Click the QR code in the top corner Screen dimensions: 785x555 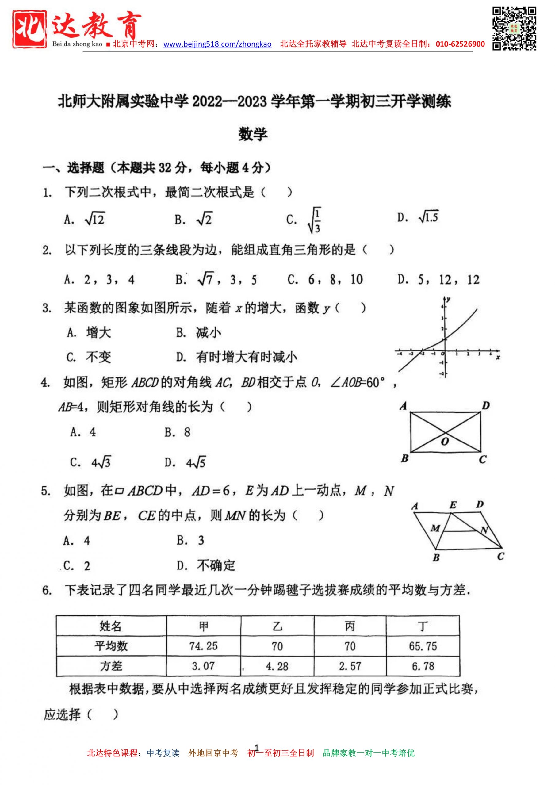point(514,29)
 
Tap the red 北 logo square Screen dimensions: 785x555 point(30,29)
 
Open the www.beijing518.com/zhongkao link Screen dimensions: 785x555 point(217,44)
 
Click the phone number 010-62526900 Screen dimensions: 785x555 point(460,44)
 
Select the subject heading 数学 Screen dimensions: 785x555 point(253,134)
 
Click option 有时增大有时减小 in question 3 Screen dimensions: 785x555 point(246,357)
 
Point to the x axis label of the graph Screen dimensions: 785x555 point(498,358)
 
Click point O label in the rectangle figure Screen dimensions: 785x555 point(445,442)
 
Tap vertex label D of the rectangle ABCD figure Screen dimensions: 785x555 point(486,406)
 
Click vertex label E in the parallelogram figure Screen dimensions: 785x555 point(453,505)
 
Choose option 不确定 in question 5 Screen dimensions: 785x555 point(216,566)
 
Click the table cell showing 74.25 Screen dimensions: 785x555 point(204,646)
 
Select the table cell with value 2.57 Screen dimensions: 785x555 point(350,666)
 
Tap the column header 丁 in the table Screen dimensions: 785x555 point(423,626)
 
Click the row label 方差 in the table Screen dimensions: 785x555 point(111,666)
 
